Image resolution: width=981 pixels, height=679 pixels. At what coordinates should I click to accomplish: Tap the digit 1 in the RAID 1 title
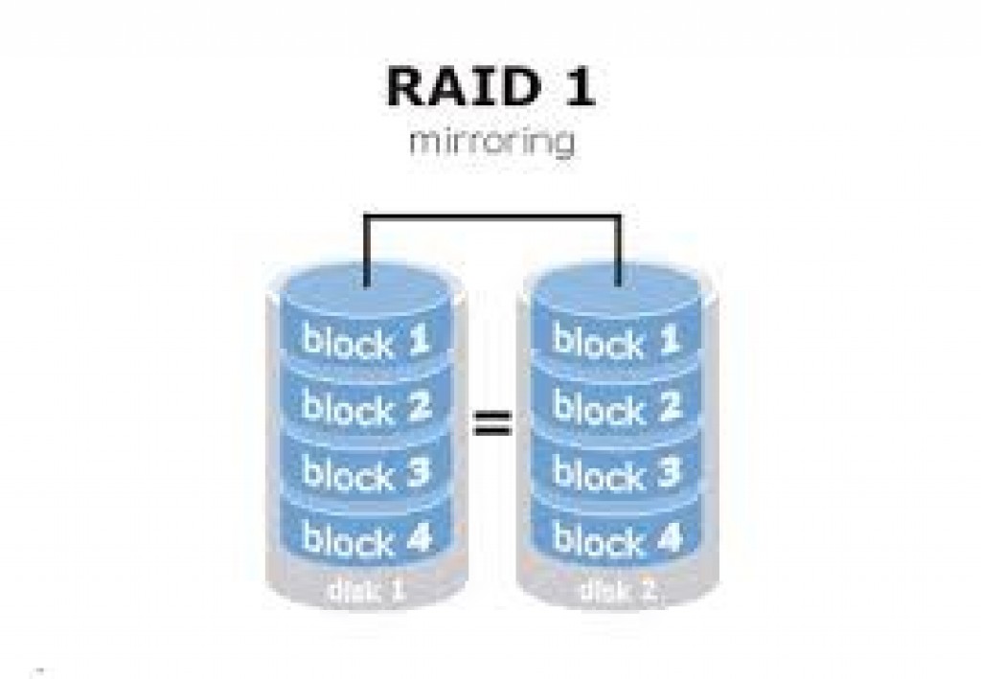click(x=579, y=86)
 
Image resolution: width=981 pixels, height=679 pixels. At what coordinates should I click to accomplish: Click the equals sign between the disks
click(x=491, y=423)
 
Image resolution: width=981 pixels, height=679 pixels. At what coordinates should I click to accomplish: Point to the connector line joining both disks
click(x=491, y=217)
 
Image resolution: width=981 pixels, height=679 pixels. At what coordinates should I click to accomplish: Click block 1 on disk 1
click(x=366, y=341)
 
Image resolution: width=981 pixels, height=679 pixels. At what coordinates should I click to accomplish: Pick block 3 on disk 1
click(x=367, y=472)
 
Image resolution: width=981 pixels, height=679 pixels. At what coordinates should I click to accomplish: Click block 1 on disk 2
click(x=617, y=341)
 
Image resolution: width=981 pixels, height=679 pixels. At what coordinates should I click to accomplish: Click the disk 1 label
click(x=367, y=590)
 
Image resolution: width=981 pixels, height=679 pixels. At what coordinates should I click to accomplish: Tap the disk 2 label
click(x=618, y=590)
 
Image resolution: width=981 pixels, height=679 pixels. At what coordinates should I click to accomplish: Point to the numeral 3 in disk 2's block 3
click(x=668, y=471)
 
